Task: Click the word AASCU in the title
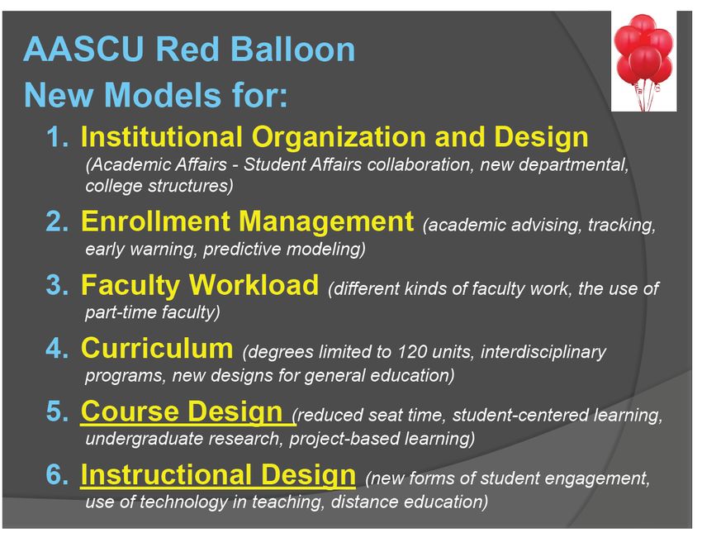(83, 49)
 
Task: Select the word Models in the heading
(162, 95)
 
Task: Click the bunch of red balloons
(643, 60)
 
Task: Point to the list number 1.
(57, 136)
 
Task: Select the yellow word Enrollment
(155, 221)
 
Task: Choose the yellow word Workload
(254, 285)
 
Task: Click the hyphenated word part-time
(121, 312)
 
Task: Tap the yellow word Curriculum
(157, 348)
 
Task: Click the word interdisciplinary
(543, 353)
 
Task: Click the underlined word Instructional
(166, 475)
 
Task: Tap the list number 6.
(57, 475)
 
